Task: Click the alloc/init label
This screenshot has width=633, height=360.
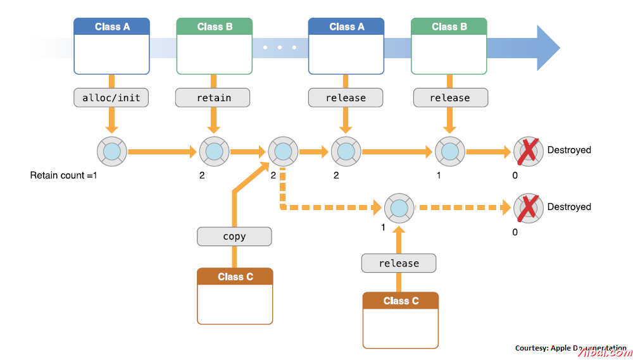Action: (x=111, y=97)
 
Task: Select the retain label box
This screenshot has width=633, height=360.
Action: (x=213, y=97)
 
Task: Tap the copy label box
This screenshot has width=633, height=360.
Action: (x=234, y=237)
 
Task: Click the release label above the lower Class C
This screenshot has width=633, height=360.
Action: (x=399, y=263)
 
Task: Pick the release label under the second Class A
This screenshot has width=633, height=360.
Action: (x=346, y=97)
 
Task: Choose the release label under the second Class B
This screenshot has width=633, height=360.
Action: (x=450, y=97)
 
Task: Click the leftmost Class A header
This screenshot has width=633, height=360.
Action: (x=112, y=27)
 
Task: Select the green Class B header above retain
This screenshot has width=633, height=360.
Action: (x=215, y=27)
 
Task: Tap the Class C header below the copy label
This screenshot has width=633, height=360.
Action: (x=235, y=276)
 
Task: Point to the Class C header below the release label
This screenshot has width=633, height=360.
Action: (x=401, y=301)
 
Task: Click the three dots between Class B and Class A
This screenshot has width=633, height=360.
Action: (x=280, y=47)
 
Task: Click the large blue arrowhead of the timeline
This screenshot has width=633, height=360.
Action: (x=547, y=48)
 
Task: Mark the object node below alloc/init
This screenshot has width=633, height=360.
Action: (x=111, y=152)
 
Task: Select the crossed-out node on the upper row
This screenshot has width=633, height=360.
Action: (x=528, y=151)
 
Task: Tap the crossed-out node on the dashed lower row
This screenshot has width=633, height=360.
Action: (x=528, y=208)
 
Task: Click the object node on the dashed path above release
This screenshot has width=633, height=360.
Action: (x=399, y=207)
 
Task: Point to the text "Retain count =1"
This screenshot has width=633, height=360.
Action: (x=63, y=175)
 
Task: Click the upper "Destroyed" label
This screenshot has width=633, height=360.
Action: (x=569, y=150)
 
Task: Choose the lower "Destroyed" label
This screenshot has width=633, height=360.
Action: (x=569, y=207)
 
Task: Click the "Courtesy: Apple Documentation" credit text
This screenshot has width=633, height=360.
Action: (x=570, y=348)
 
